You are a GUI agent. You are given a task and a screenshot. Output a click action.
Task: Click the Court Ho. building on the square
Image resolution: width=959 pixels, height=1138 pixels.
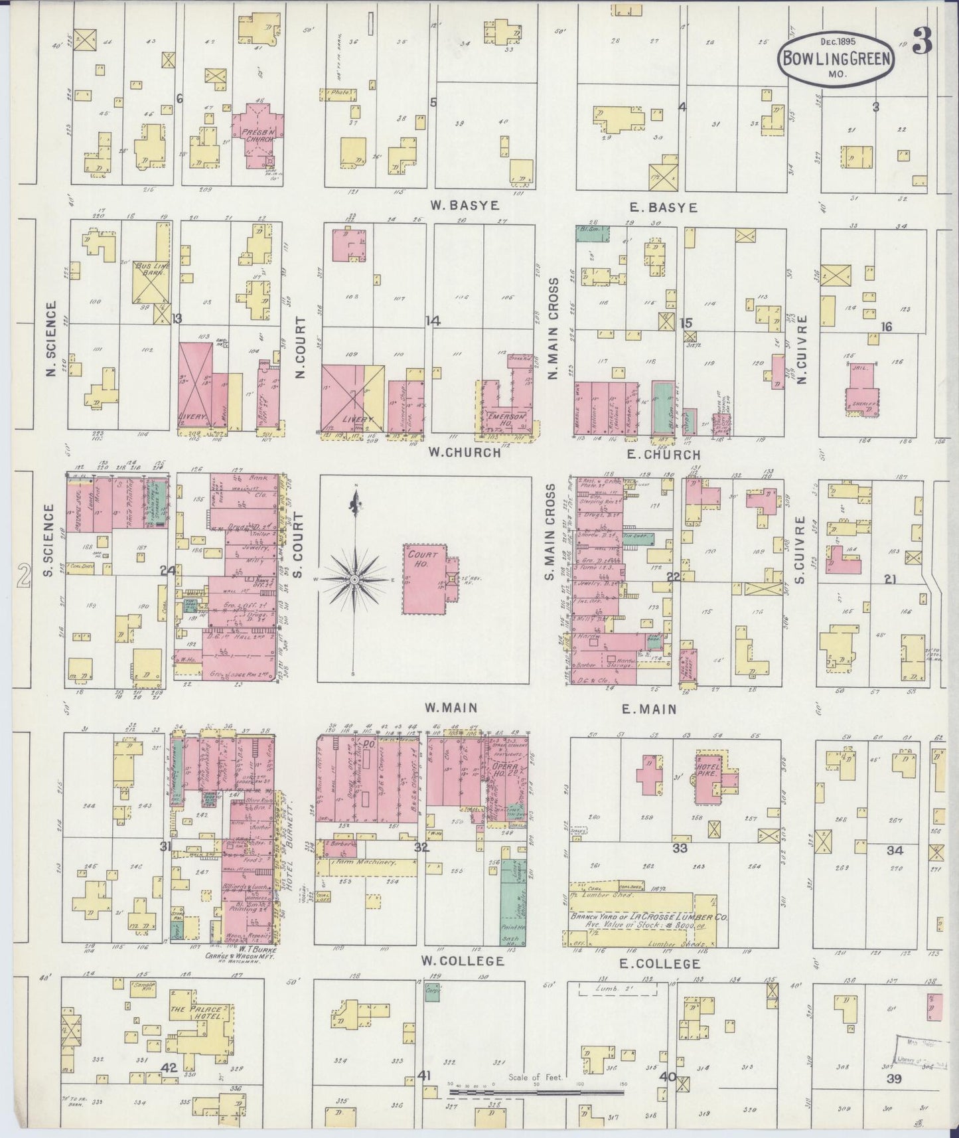[x=425, y=580]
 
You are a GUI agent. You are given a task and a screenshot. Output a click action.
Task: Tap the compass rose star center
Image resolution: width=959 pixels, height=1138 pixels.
[x=356, y=580]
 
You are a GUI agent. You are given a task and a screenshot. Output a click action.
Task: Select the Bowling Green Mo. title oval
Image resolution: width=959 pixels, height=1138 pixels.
[x=836, y=58]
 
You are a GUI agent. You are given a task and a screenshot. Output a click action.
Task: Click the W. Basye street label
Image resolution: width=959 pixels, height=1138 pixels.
[x=455, y=206]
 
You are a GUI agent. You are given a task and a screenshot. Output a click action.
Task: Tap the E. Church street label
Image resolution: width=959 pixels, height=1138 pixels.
[x=662, y=455]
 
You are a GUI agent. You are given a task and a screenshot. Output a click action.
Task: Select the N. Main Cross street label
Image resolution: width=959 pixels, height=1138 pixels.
[x=552, y=329]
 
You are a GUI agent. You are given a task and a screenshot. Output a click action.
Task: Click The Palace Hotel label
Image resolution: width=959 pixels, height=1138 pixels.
[x=196, y=1012]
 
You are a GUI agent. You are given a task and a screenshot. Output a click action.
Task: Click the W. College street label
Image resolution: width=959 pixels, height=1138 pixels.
[x=463, y=960]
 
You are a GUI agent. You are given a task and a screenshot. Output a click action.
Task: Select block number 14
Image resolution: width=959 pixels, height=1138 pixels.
[x=433, y=321]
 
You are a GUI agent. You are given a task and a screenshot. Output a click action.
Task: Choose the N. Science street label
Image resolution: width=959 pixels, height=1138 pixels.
[x=50, y=339]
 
